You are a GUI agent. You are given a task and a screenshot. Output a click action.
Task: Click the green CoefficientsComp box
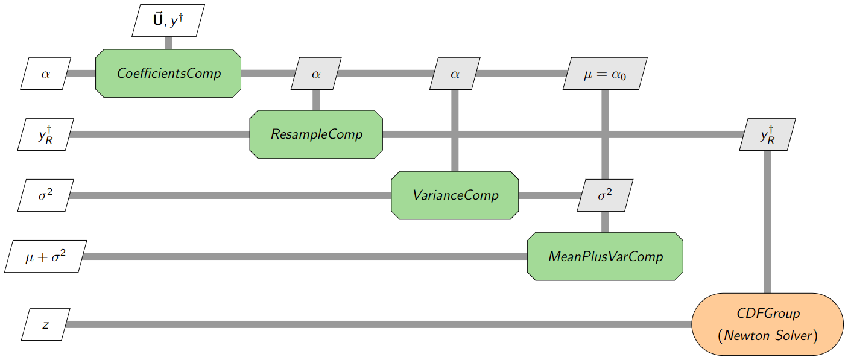168,74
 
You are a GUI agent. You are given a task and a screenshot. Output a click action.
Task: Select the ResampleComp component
316,134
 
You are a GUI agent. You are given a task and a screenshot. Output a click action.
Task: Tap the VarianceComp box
455,195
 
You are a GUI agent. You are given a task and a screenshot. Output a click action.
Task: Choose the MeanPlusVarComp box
605,256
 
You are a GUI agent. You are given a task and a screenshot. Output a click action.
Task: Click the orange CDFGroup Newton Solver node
768,324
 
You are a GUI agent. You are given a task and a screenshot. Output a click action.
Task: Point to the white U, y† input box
168,20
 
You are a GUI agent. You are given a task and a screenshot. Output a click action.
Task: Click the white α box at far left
46,74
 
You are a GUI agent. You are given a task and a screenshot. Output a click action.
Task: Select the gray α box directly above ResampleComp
316,74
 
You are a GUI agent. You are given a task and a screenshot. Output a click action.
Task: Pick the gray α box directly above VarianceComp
455,74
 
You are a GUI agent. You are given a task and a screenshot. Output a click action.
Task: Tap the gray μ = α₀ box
605,74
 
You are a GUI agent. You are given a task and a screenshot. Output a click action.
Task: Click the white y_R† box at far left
46,134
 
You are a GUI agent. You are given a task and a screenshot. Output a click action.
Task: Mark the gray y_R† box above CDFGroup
768,134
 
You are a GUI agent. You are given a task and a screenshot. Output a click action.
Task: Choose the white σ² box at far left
46,195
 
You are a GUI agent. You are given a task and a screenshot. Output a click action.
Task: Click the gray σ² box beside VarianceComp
605,195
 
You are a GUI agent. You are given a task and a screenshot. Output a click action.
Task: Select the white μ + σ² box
46,256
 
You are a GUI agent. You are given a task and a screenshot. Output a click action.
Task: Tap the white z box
46,324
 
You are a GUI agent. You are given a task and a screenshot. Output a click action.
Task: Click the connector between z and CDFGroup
374,324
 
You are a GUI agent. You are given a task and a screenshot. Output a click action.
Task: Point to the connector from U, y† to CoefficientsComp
168,43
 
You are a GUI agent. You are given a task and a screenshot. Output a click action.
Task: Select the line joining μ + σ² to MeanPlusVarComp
302,256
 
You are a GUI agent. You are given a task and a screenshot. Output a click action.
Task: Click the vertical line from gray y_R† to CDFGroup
768,223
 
